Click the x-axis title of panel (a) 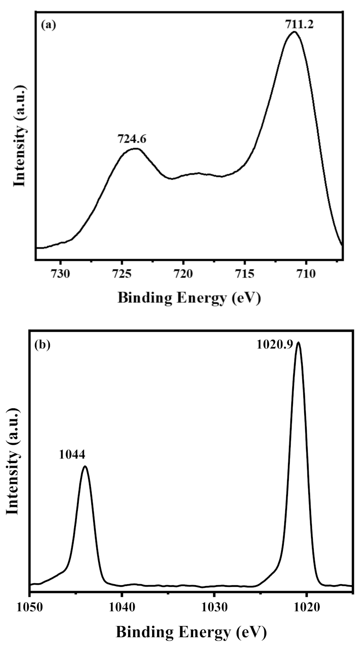point(189,298)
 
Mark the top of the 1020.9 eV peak point(299,342)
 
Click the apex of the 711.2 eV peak point(294,32)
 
